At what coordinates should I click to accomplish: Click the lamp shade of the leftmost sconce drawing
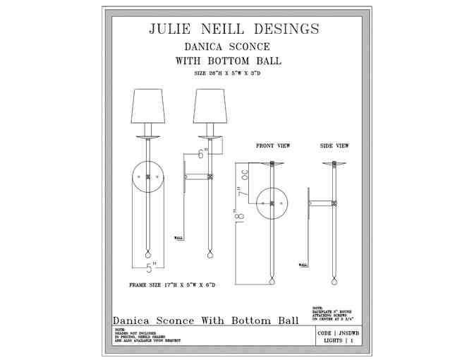coord(147,107)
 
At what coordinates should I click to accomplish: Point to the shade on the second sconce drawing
coord(209,107)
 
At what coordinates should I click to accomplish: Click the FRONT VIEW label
coord(272,145)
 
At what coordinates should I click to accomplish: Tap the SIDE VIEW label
coord(334,145)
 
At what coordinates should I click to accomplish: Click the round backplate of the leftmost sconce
coord(149,176)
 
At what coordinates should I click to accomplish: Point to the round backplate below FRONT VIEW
coord(272,203)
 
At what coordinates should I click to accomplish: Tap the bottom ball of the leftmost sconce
coord(148,253)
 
